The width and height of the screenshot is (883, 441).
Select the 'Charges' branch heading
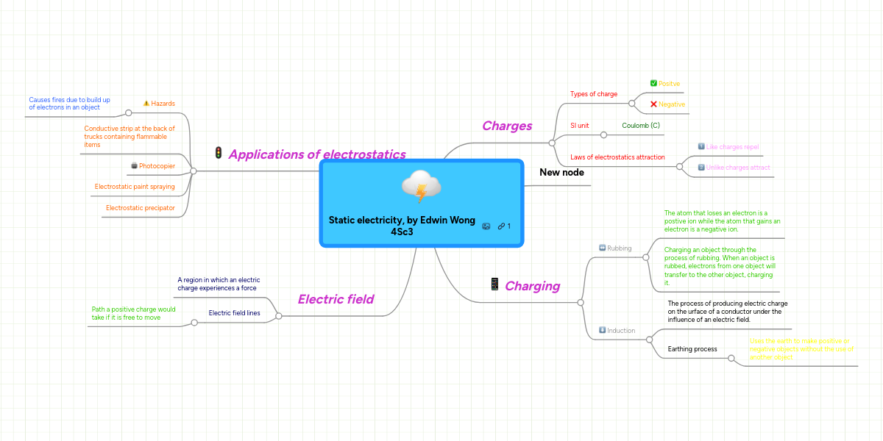pos(506,126)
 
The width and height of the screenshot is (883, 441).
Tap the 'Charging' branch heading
pos(532,286)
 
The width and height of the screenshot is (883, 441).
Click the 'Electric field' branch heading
pos(336,299)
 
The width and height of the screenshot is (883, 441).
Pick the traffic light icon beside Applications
pos(219,154)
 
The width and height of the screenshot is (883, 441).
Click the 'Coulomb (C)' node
pos(640,126)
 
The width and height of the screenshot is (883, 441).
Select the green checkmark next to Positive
pos(653,84)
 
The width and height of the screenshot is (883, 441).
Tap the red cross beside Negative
pos(653,104)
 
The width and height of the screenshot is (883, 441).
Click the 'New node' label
pos(561,172)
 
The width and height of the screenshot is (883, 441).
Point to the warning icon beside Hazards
pos(146,104)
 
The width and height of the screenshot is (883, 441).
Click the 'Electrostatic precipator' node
pos(140,208)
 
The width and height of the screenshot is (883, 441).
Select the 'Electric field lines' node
pos(234,313)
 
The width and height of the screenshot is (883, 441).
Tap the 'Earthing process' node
pos(692,349)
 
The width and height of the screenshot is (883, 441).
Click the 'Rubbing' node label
pos(619,248)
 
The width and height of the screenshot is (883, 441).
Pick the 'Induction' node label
pos(621,331)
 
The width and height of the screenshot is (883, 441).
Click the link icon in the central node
pos(500,226)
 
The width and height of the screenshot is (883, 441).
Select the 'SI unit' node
pos(579,126)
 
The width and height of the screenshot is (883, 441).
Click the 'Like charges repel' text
pos(732,147)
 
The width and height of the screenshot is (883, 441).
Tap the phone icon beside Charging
pos(494,284)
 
